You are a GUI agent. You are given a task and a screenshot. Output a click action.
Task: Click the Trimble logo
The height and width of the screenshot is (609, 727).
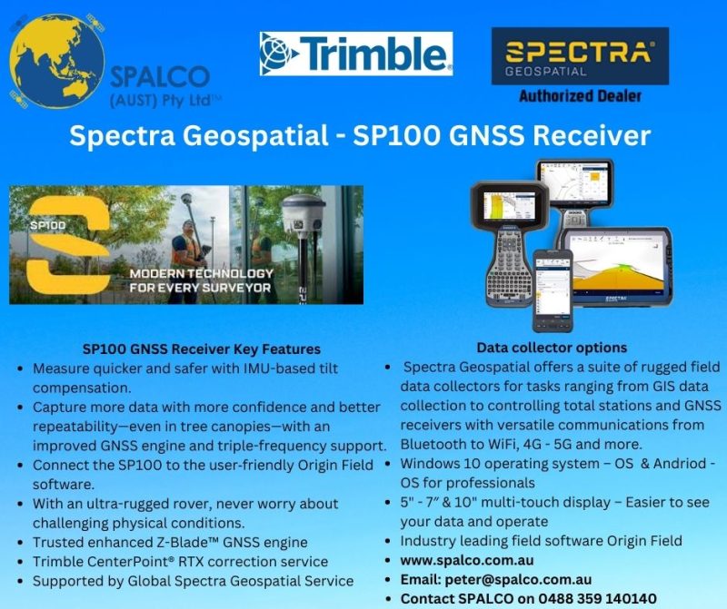pos(356,54)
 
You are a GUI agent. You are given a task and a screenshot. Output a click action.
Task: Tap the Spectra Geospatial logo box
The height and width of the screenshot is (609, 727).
pos(580,56)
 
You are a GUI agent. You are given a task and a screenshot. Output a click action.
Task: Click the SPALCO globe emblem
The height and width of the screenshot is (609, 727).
pos(56,61)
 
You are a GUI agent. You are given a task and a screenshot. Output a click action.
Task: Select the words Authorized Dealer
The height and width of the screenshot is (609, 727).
pos(580,96)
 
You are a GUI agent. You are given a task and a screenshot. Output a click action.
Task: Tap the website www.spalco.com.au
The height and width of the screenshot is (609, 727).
pos(467,560)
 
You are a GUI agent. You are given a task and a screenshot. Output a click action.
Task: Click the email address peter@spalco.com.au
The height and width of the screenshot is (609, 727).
pos(518,579)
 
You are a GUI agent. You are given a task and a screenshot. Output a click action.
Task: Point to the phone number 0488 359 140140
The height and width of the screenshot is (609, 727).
pos(597,599)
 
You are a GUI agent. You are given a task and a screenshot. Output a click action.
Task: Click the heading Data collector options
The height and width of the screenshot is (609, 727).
pos(552,348)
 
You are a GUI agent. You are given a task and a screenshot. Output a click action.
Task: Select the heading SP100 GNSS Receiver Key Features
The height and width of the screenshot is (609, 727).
pos(202,349)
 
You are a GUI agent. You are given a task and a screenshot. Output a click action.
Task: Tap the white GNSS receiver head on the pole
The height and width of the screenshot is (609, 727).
pos(302,214)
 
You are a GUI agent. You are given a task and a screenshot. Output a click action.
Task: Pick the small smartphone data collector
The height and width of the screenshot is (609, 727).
pos(553,290)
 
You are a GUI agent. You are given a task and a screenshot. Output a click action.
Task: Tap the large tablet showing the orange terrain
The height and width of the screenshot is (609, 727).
pos(618,266)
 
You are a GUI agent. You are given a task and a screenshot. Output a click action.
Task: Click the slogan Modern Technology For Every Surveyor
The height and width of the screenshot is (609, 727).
pos(201,280)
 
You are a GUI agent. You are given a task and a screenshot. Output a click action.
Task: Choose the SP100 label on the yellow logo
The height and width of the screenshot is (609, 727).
pos(48,225)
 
